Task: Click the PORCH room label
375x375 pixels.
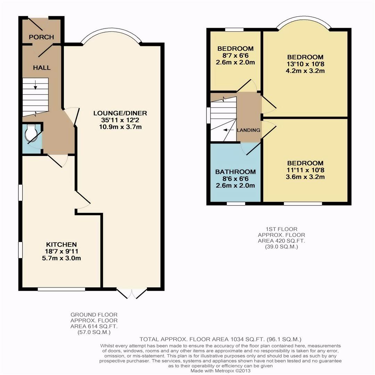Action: click(x=41, y=37)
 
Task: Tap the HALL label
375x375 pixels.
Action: click(x=42, y=68)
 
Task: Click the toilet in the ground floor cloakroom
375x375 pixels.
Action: click(x=31, y=132)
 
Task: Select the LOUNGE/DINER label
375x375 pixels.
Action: click(x=120, y=113)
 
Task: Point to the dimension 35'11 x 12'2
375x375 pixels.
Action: click(x=120, y=120)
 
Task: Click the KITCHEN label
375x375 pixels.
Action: click(x=61, y=244)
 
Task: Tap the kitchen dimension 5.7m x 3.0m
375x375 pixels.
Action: click(x=61, y=258)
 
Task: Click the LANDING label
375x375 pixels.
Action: click(x=249, y=130)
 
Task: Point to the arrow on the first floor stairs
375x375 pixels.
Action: click(x=228, y=130)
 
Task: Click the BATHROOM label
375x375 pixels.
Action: click(x=235, y=172)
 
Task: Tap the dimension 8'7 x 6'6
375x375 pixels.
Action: click(x=235, y=56)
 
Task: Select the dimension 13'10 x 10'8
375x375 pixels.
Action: click(x=306, y=64)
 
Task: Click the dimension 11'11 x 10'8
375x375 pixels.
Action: click(x=306, y=170)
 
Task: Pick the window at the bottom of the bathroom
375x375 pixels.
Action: click(x=236, y=204)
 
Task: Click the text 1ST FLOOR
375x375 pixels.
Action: click(x=282, y=229)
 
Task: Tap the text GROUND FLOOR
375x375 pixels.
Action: click(x=94, y=315)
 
